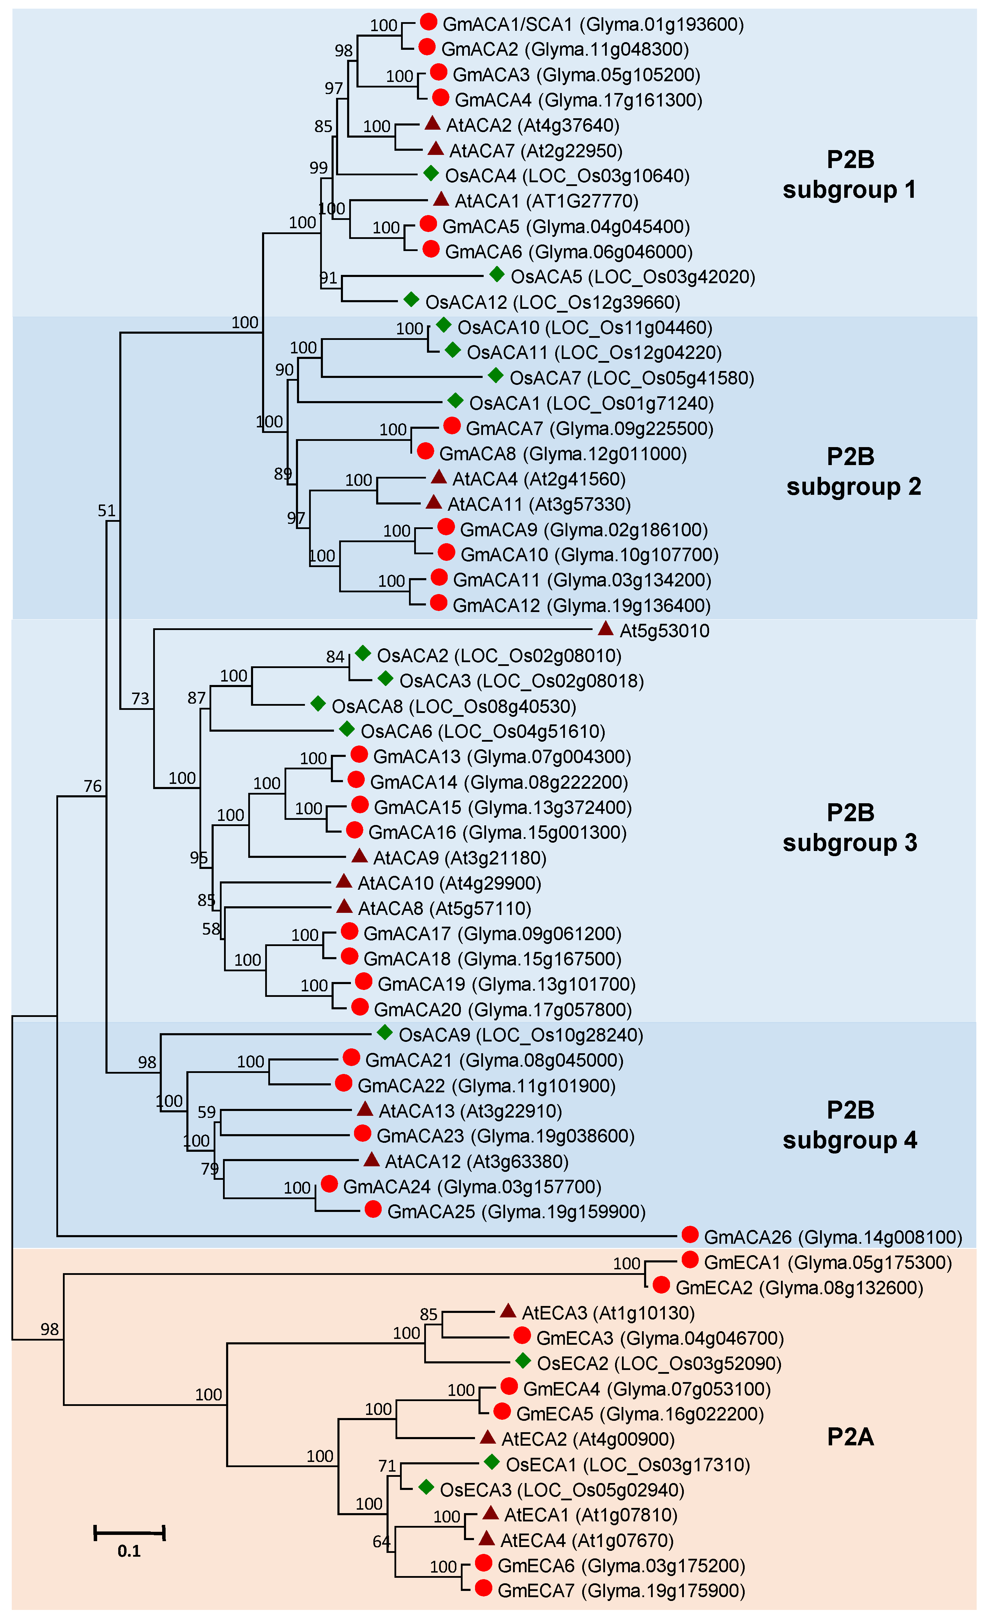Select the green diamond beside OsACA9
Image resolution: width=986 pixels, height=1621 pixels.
tap(385, 1033)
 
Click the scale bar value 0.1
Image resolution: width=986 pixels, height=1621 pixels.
tap(129, 1551)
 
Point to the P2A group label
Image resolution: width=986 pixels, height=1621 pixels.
tap(850, 1437)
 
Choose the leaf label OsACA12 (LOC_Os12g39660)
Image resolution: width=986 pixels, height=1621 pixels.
tap(552, 303)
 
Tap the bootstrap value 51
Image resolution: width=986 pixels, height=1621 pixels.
tap(106, 510)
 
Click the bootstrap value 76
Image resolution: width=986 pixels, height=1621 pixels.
tap(93, 786)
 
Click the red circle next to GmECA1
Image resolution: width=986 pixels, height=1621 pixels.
tap(689, 1260)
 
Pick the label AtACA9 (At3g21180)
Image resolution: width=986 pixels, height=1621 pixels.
tap(459, 858)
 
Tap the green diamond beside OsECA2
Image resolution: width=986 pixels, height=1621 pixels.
tap(523, 1361)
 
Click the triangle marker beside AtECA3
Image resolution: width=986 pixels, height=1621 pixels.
tap(507, 1311)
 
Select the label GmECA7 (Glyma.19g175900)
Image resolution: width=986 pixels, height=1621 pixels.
tap(621, 1591)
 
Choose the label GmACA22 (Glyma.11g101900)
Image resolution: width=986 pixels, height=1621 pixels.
tap(486, 1085)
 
